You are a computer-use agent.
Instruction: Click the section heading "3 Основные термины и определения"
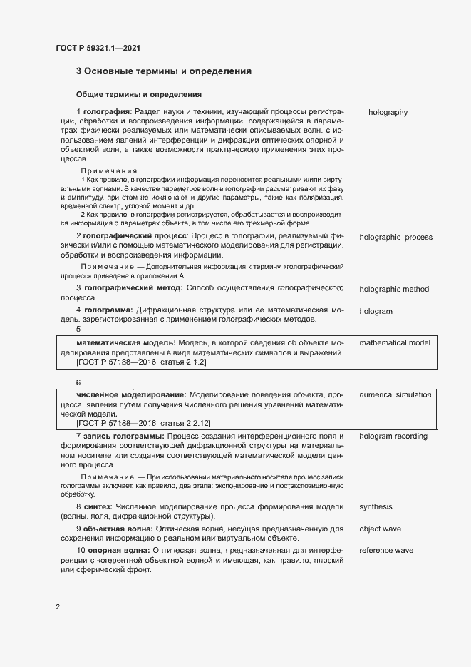coord(164,71)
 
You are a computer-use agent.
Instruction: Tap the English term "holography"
coord(388,112)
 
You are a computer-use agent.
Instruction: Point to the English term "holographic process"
coord(395,237)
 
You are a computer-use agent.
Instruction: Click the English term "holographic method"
coord(394,289)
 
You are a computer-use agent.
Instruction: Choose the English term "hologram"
coord(376,312)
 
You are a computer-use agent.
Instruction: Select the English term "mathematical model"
coord(395,343)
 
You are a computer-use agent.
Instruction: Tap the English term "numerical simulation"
coord(395,394)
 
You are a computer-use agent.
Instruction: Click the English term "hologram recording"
coord(393,436)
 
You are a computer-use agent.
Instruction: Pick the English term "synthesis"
coord(376,507)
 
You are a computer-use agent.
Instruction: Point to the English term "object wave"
coord(380,529)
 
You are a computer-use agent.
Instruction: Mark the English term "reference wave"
coord(386,551)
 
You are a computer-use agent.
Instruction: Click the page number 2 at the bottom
coord(58,607)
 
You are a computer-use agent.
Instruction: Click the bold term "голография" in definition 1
coord(106,112)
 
